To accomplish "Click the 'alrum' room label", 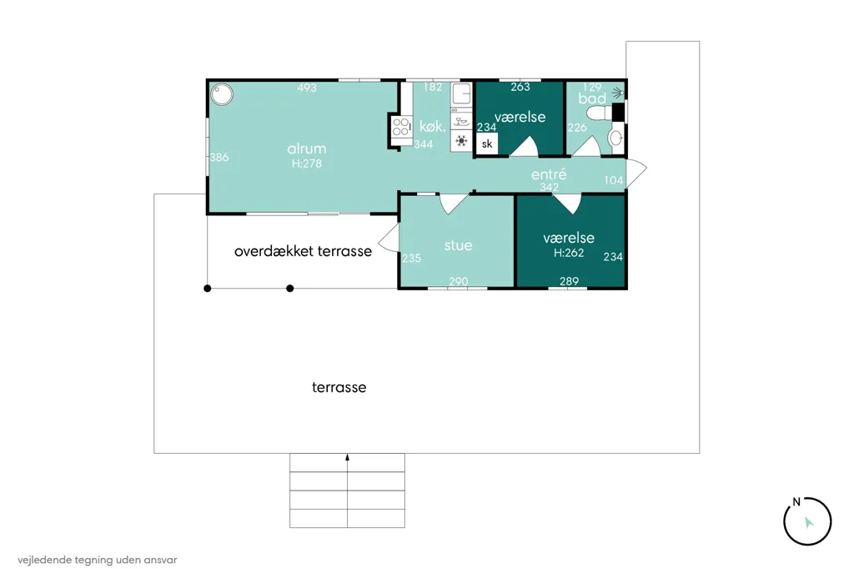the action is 307,149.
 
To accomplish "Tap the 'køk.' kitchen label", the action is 433,127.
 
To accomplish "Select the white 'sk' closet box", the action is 487,144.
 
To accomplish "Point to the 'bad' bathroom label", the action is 592,98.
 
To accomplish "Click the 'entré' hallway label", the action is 549,174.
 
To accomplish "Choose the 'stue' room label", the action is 458,245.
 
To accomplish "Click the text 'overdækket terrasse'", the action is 303,251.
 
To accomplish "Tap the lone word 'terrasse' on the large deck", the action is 339,387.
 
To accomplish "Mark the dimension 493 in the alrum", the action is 307,88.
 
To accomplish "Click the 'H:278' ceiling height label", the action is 307,164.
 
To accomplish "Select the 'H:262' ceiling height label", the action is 569,253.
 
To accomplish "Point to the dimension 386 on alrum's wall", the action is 219,158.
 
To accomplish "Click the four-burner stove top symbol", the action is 401,127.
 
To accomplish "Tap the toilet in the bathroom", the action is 600,113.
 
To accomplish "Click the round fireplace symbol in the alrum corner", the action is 222,94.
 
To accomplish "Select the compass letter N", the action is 796,502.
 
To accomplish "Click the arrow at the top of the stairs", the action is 348,458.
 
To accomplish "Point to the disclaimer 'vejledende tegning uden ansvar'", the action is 98,560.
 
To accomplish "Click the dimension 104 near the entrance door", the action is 613,180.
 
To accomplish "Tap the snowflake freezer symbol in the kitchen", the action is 461,141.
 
